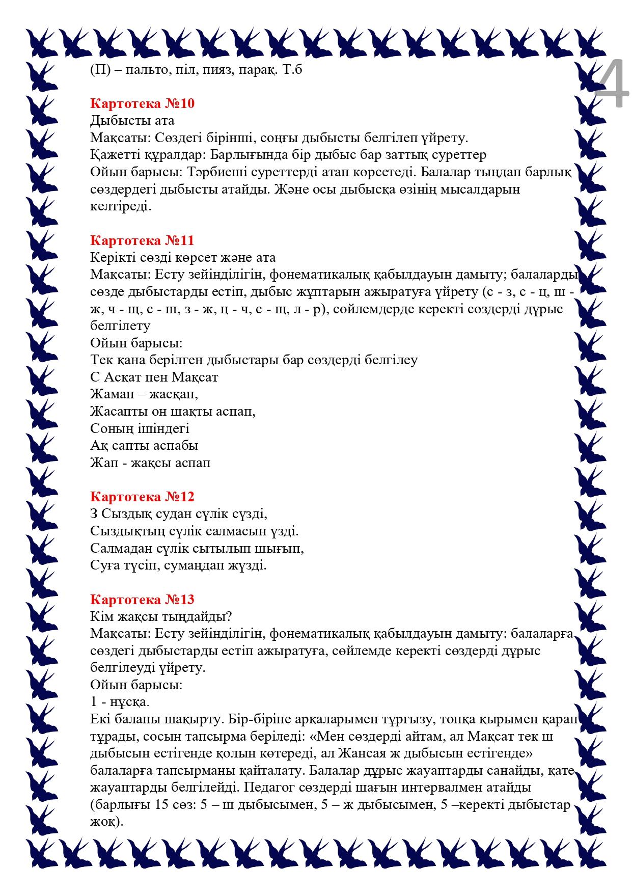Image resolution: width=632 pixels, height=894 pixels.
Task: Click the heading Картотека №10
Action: (142, 104)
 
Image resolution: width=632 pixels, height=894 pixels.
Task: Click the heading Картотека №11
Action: (142, 240)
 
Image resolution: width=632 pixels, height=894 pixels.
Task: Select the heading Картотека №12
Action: (142, 497)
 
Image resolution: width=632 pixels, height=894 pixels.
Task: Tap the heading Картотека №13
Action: (142, 600)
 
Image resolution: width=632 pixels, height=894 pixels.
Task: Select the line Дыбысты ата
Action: (132, 121)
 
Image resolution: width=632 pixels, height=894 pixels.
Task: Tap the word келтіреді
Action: (121, 207)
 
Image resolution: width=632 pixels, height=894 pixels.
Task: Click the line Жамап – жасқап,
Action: (144, 394)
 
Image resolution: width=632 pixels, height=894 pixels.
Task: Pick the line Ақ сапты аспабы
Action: (144, 446)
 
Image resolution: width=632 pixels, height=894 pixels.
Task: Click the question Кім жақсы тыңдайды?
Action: (161, 617)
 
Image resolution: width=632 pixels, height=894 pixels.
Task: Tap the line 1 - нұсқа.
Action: (120, 702)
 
